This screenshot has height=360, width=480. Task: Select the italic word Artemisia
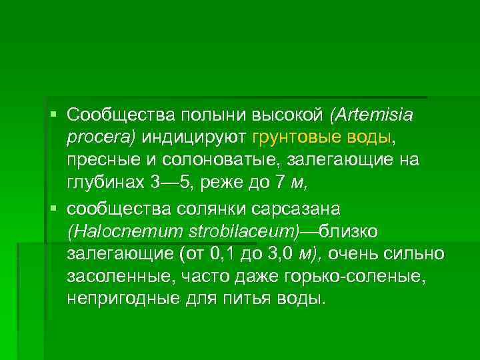point(372,115)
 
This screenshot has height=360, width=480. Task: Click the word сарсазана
point(299,209)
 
